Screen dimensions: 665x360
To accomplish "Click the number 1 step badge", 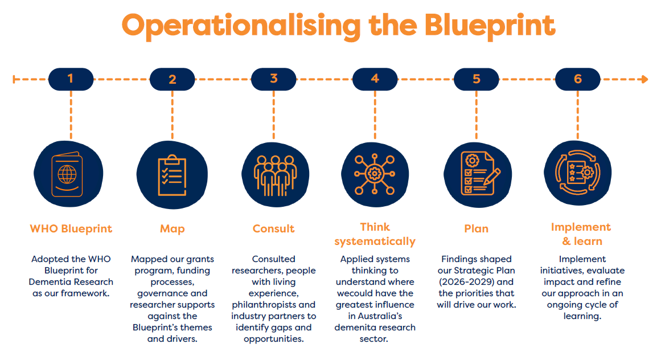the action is [x=71, y=79].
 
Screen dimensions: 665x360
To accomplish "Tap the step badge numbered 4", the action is [x=375, y=79].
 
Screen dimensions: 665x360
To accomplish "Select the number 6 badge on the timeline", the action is [x=578, y=79].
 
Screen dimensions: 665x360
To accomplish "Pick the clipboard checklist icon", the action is [x=172, y=175].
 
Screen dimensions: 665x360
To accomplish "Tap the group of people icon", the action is [x=275, y=174].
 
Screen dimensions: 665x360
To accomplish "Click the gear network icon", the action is [x=375, y=174].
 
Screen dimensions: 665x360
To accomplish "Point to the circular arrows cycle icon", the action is [x=578, y=173].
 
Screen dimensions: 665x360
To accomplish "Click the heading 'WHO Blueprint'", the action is [x=71, y=228].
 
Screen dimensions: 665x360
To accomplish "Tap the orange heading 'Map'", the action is [x=172, y=229].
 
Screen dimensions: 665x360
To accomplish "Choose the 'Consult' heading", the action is [x=273, y=228].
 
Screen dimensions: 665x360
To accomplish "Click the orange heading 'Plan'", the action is [x=477, y=228].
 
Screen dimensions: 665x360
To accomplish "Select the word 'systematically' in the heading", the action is [x=375, y=241].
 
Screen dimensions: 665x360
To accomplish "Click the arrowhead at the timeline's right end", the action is [x=645, y=79].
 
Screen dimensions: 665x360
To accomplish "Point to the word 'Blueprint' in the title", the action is [x=490, y=26].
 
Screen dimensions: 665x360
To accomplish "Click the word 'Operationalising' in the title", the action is [x=241, y=26].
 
